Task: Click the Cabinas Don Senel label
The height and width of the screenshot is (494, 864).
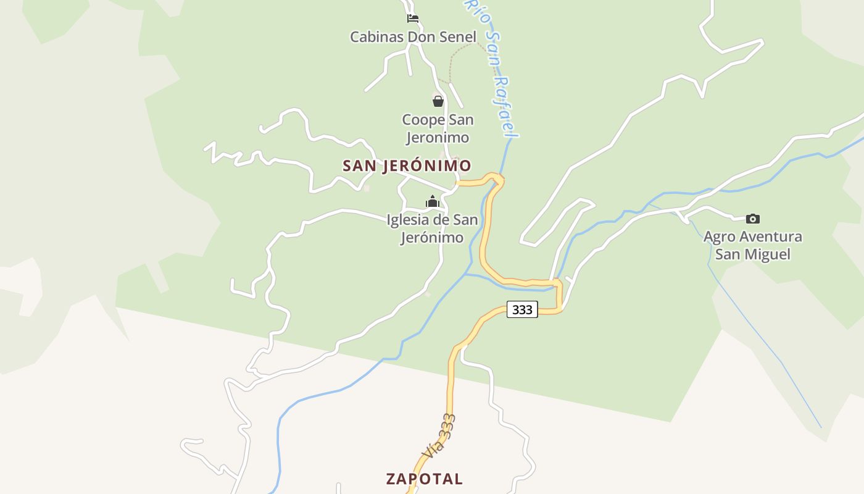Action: coord(413,36)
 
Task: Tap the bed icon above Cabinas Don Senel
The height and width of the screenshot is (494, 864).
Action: coord(413,19)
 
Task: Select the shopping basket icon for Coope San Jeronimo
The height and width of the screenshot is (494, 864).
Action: coord(438,101)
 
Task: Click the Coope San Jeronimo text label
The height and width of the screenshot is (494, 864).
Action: coord(438,128)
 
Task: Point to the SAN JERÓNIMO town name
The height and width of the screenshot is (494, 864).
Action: coord(407,165)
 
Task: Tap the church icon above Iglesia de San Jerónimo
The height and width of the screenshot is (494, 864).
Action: coord(432,202)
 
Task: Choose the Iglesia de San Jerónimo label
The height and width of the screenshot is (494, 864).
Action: coord(432,228)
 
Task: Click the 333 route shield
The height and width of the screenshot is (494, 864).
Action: coord(522,309)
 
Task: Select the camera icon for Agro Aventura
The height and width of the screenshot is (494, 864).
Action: coord(752,219)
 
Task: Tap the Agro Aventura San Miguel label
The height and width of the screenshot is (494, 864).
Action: coord(752,245)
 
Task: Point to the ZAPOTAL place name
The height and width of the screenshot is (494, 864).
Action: coord(424,479)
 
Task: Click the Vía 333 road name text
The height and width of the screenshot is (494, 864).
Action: coord(439,437)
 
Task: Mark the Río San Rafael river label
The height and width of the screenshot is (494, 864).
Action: coord(492,68)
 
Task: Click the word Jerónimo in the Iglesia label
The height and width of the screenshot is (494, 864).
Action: coord(432,238)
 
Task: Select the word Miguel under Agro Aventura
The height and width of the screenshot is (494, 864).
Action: coord(766,254)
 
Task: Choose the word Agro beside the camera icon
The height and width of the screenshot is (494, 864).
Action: coord(718,237)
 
